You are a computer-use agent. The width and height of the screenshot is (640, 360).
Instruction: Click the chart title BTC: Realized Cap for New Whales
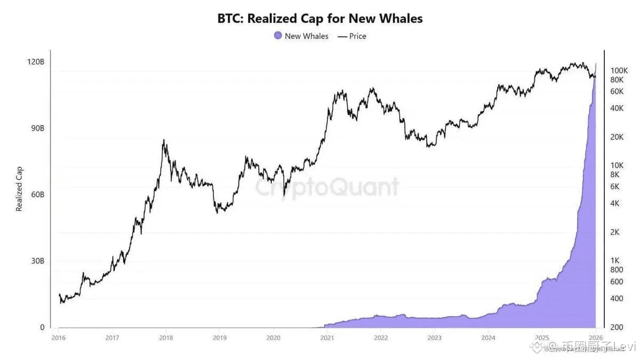pos(319,19)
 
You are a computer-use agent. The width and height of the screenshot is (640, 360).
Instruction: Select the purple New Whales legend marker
pos(277,36)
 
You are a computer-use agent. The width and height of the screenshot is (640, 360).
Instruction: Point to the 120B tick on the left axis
pos(36,62)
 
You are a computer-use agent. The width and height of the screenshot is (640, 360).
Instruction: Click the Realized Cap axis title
pos(19,189)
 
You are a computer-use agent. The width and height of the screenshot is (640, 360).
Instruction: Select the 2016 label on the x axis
pos(58,338)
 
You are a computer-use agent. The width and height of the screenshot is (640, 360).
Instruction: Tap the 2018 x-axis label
pos(166,338)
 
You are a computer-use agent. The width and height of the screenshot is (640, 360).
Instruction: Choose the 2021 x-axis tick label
pos(327,338)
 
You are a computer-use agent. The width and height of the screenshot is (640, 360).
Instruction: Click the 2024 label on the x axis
pos(488,338)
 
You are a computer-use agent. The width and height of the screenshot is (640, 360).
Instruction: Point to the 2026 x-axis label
pos(595,338)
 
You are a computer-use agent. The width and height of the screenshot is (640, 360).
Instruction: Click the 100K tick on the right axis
pos(619,70)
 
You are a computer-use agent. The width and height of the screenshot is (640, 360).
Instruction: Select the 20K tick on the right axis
pos(617,137)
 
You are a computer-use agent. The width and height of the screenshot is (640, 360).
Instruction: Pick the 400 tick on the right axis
pos(617,298)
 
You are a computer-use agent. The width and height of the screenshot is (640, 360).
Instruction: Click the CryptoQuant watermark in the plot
pos(326,187)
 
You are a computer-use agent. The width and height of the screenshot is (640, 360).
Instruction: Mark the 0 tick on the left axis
pos(42,327)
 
